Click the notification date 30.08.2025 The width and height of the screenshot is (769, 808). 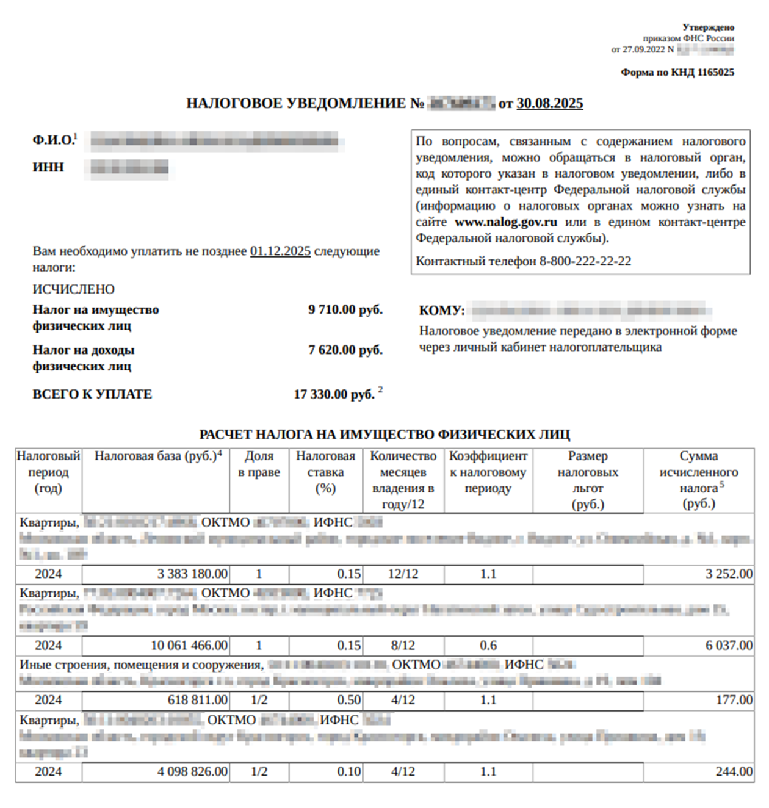point(549,104)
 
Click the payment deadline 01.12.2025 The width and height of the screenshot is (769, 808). point(280,251)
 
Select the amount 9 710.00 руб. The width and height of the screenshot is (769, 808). point(345,310)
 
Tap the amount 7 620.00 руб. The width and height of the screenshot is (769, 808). point(345,350)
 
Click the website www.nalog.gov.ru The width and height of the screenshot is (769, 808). point(505,222)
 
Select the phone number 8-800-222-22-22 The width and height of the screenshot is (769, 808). point(585,261)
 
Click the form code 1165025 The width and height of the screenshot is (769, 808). point(715,73)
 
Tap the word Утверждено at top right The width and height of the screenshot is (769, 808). point(708,27)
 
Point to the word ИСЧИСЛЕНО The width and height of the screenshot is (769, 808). point(73,289)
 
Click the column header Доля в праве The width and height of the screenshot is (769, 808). point(259,464)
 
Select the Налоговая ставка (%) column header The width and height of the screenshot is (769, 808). point(325,472)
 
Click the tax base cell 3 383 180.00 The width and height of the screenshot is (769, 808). point(192,574)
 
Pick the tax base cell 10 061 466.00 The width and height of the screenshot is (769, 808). point(189,646)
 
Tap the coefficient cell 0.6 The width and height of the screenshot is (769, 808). point(488,646)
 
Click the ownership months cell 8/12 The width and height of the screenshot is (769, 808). point(403,646)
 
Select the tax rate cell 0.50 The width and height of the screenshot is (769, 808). point(349,700)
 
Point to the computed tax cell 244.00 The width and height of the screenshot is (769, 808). point(734,772)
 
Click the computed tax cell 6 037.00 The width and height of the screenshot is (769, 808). point(729,646)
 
